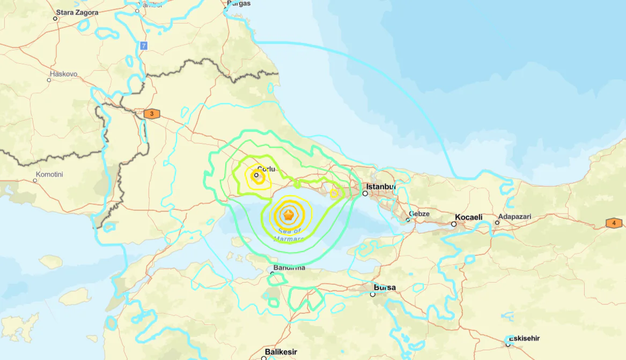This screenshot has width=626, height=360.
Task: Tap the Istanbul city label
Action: [381, 187]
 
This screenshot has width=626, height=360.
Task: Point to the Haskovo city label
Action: [63, 74]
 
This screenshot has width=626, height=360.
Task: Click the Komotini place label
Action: [49, 174]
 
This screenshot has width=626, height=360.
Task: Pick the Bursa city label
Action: [385, 288]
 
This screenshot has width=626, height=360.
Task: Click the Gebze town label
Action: [419, 214]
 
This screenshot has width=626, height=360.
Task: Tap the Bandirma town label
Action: [289, 267]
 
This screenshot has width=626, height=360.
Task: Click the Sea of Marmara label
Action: [290, 234]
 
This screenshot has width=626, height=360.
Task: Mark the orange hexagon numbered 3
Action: [152, 114]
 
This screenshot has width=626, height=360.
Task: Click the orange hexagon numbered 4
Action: [614, 223]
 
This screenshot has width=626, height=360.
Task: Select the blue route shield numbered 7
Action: [143, 46]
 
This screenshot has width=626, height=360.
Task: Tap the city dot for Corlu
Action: [256, 175]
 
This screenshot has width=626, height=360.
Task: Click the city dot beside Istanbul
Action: [365, 194]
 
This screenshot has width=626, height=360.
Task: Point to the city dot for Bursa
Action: [372, 294]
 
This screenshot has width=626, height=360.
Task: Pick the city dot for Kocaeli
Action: [454, 224]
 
